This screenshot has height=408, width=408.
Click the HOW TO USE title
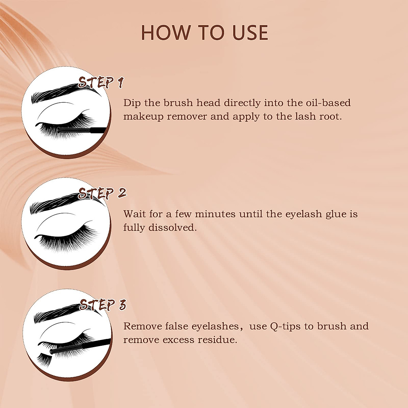[x=204, y=33]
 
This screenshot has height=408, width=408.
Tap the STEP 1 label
[x=101, y=83]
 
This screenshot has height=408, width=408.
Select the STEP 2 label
[x=102, y=193]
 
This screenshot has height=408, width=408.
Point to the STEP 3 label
[x=102, y=305]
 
